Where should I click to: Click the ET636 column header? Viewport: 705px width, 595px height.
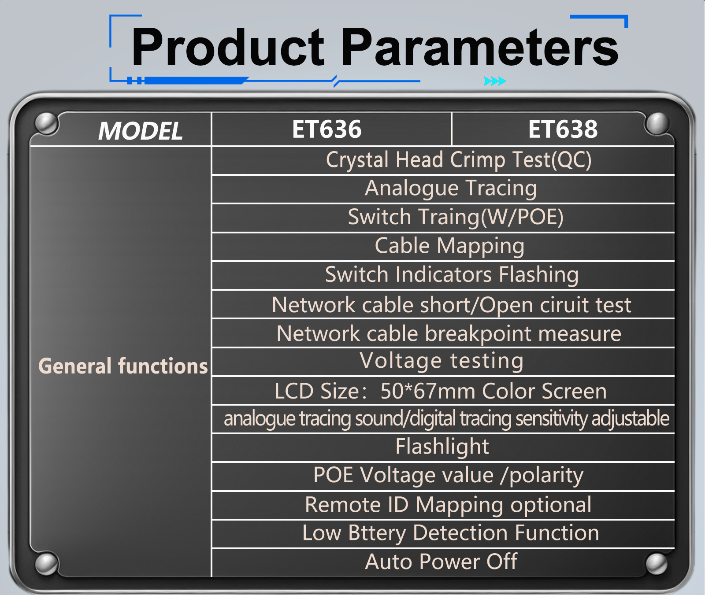pos(327,129)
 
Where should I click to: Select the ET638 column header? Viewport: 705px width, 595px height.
pos(563,129)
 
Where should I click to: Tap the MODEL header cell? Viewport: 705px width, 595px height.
pos(140,131)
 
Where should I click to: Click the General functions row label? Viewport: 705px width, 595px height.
pos(123,366)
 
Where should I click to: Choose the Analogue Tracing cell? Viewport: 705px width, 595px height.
pos(451,188)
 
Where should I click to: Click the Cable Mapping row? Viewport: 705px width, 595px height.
pos(449,246)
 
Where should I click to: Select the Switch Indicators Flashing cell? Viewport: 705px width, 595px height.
pos(452,275)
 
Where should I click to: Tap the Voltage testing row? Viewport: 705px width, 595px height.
pos(442,361)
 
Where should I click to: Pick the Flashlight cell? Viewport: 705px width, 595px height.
pos(442,447)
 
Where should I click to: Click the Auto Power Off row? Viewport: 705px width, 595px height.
pos(441,562)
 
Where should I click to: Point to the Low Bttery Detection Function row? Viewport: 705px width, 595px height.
pos(450,533)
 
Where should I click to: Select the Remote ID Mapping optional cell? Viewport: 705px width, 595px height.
pos(448,505)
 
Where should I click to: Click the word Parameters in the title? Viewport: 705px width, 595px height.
pos(480,47)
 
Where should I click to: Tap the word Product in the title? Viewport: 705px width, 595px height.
pos(228,46)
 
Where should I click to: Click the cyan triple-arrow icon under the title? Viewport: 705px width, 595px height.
pos(495,81)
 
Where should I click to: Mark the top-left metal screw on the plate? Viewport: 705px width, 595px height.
pos(45,123)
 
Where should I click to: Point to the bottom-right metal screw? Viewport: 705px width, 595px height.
pos(656,564)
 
